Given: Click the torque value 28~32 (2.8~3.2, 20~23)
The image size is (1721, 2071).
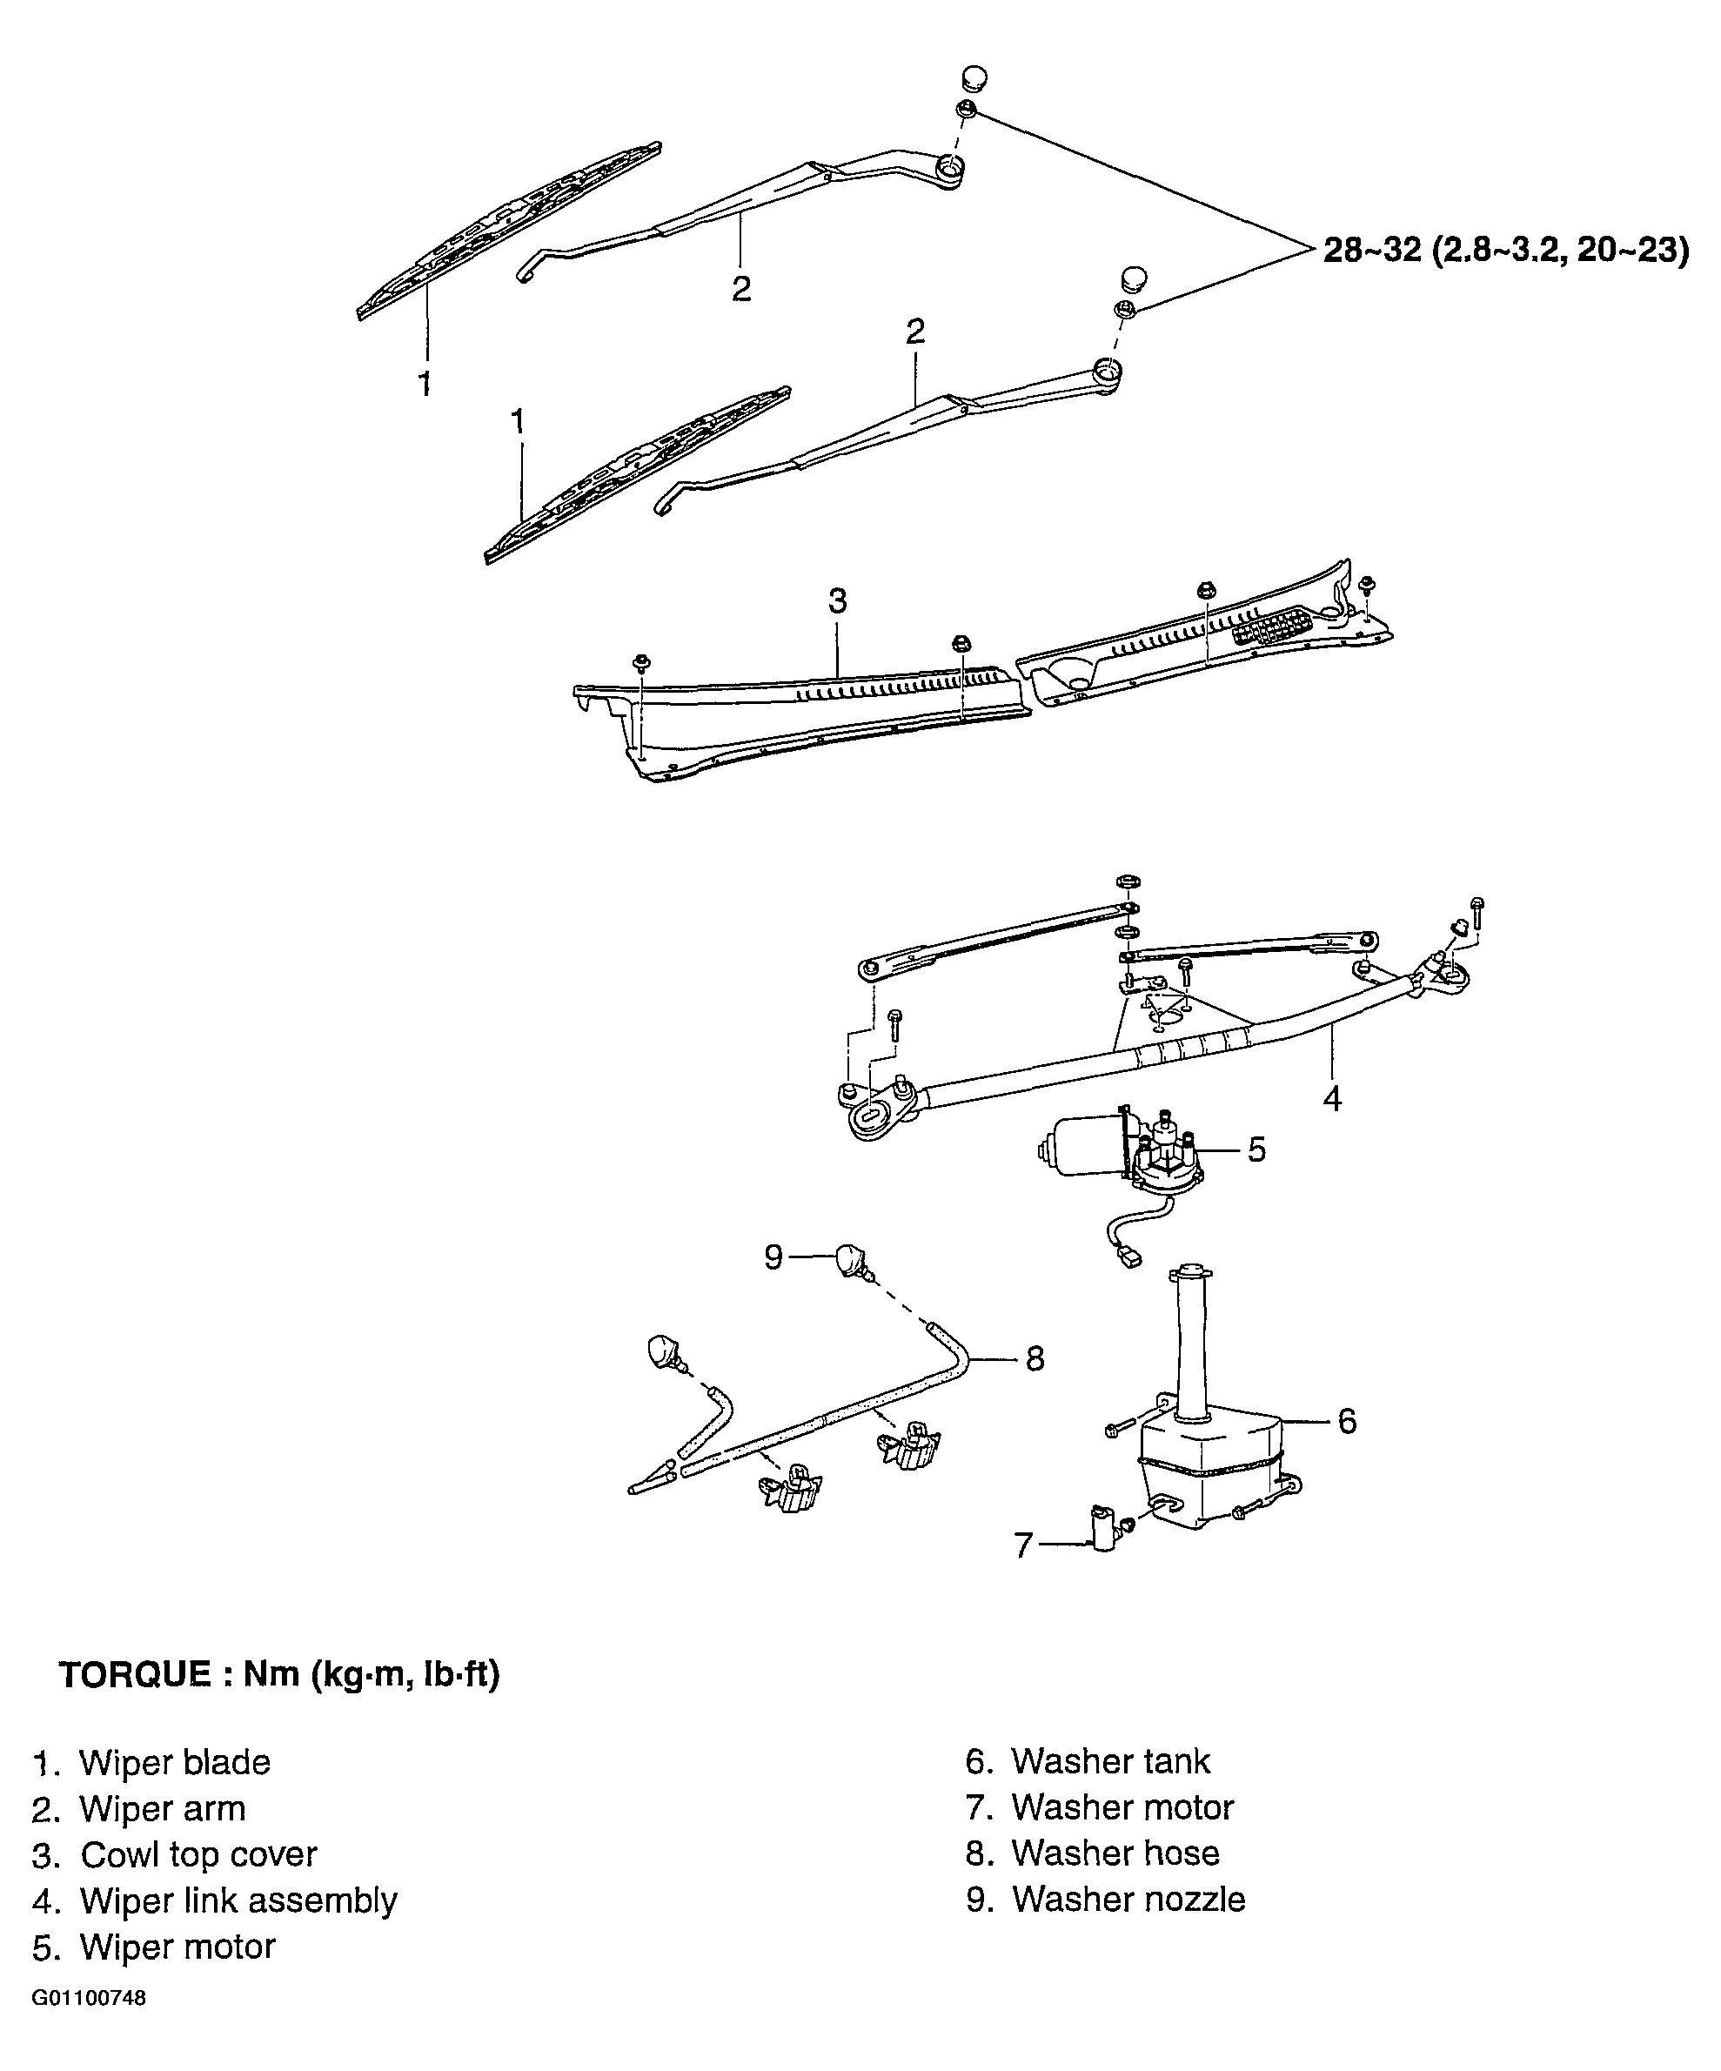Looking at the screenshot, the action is pyautogui.click(x=1506, y=251).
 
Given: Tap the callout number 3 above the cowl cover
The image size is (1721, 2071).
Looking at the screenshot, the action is pyautogui.click(x=837, y=600).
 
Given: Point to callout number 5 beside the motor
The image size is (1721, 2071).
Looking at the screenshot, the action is pyautogui.click(x=1256, y=1149).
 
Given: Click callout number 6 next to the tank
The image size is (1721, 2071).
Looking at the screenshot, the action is pyautogui.click(x=1347, y=1421).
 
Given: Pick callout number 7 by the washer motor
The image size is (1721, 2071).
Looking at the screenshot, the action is pyautogui.click(x=1024, y=1545).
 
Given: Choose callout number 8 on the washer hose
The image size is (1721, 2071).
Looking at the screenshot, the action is pyautogui.click(x=1035, y=1359).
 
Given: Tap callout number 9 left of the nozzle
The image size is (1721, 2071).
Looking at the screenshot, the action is pyautogui.click(x=774, y=1257).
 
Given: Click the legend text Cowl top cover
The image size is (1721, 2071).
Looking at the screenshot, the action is pyautogui.click(x=198, y=1855).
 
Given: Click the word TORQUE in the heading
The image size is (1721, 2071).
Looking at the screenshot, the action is pyautogui.click(x=135, y=1674).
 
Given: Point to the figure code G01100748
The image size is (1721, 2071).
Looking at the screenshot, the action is pyautogui.click(x=89, y=1999).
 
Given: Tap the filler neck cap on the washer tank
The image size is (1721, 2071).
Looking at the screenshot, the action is pyautogui.click(x=1189, y=1270).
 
